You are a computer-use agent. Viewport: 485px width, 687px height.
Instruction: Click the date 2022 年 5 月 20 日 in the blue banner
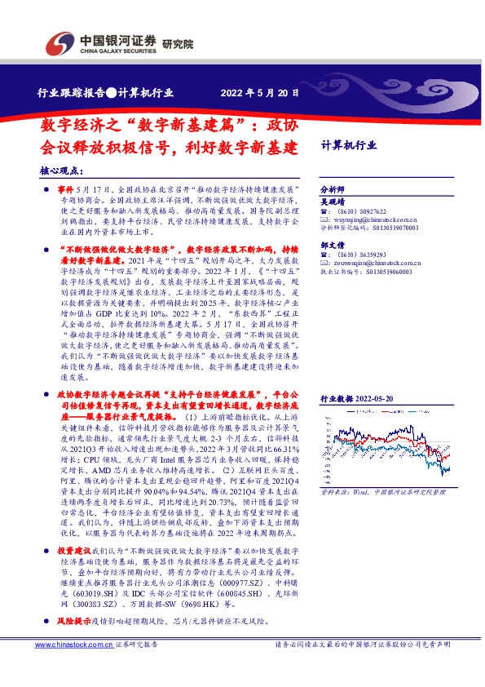(260, 94)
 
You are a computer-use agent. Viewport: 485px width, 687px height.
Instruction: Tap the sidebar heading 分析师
(333, 188)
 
